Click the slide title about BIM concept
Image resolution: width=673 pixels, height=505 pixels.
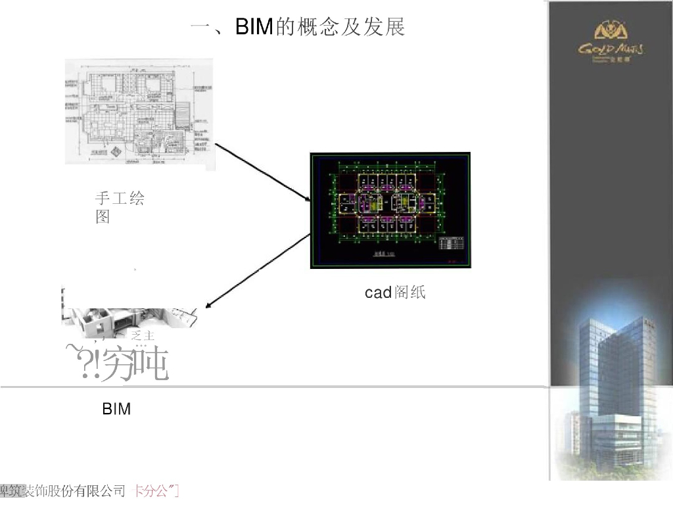[x=297, y=27]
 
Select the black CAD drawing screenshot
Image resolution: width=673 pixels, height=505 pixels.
[x=390, y=210]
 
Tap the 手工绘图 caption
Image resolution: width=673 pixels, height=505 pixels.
[x=120, y=207]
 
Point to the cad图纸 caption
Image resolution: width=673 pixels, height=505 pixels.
[x=395, y=293]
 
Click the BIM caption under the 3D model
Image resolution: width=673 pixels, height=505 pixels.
[x=116, y=409]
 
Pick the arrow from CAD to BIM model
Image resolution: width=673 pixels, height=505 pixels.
[x=258, y=271]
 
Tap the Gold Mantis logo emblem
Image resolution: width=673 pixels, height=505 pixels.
[x=611, y=30]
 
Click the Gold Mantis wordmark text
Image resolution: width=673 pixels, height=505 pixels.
[x=611, y=49]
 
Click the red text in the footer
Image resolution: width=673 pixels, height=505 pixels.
[x=156, y=491]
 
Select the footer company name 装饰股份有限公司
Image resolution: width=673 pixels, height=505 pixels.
[x=74, y=491]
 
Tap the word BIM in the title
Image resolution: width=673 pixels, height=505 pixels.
[x=254, y=28]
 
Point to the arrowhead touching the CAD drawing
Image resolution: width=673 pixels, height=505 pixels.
[x=308, y=198]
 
